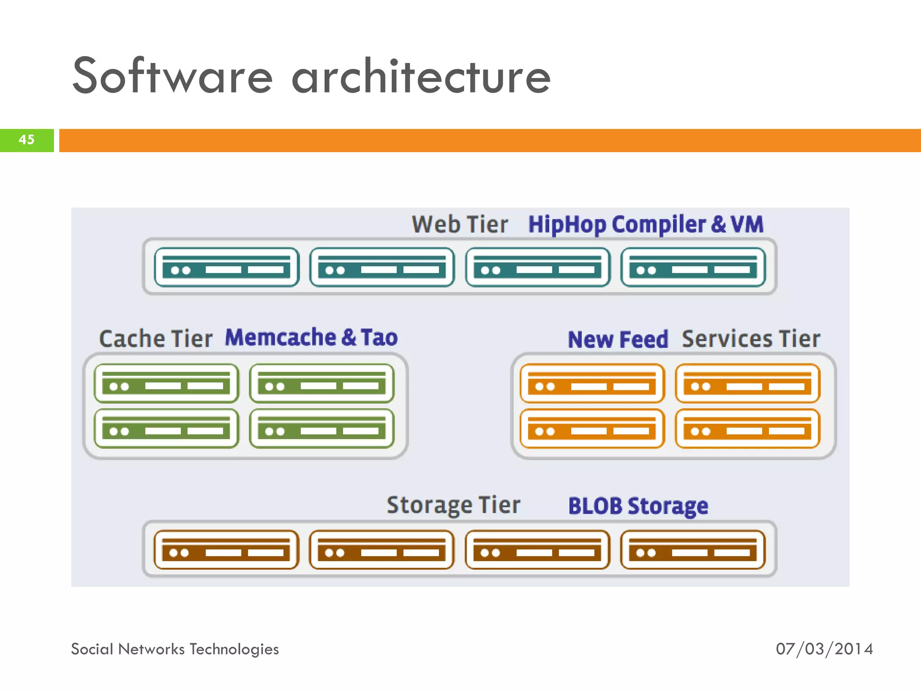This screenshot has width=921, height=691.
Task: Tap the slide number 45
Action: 27,139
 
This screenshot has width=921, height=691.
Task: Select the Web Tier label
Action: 460,224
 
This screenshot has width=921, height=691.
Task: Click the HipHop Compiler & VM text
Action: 646,224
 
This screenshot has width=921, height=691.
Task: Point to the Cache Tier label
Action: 156,339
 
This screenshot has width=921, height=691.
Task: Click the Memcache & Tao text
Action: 311,337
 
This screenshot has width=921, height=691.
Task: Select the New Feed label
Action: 618,339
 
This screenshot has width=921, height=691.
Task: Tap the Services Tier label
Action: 751,339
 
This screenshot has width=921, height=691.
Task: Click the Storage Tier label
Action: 453,505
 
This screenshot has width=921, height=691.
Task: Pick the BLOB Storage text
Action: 638,506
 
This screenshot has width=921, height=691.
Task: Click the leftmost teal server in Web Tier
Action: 227,267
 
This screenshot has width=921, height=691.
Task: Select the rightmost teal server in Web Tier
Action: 693,267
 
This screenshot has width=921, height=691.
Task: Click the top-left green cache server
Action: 166,383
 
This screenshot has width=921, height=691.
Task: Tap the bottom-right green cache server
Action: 322,428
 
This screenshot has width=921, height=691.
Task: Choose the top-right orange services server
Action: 747,383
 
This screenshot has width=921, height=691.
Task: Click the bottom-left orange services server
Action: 592,428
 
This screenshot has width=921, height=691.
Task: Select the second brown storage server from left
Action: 382,550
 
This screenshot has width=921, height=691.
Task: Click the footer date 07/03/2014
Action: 824,649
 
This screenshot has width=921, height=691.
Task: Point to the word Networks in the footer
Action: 151,649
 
